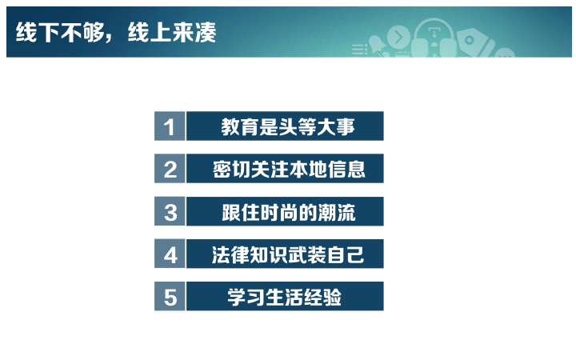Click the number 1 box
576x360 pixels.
170,126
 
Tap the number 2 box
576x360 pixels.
170,169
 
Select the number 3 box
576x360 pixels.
170,211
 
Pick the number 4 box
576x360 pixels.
170,254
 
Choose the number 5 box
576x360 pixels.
170,297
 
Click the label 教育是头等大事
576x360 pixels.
288,126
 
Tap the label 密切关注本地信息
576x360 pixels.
289,170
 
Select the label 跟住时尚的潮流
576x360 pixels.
288,212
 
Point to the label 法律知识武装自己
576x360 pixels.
288,254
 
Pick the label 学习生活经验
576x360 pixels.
284,297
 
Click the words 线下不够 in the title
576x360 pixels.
60,32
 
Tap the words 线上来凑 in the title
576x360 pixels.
172,32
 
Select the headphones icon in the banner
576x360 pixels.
434,38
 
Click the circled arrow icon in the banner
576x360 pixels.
398,37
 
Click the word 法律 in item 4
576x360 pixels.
230,254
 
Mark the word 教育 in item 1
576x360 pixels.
239,126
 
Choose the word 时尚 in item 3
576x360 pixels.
279,212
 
